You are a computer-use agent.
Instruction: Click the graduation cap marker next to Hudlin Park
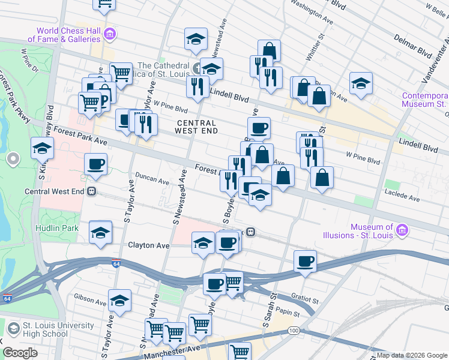point(100,232)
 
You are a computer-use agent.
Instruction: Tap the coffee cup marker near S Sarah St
point(305,262)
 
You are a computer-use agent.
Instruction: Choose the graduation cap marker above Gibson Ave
point(119,301)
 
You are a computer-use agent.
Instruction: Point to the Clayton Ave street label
point(148,245)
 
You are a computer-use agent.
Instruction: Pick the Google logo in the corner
point(20,353)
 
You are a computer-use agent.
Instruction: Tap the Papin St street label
point(288,312)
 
